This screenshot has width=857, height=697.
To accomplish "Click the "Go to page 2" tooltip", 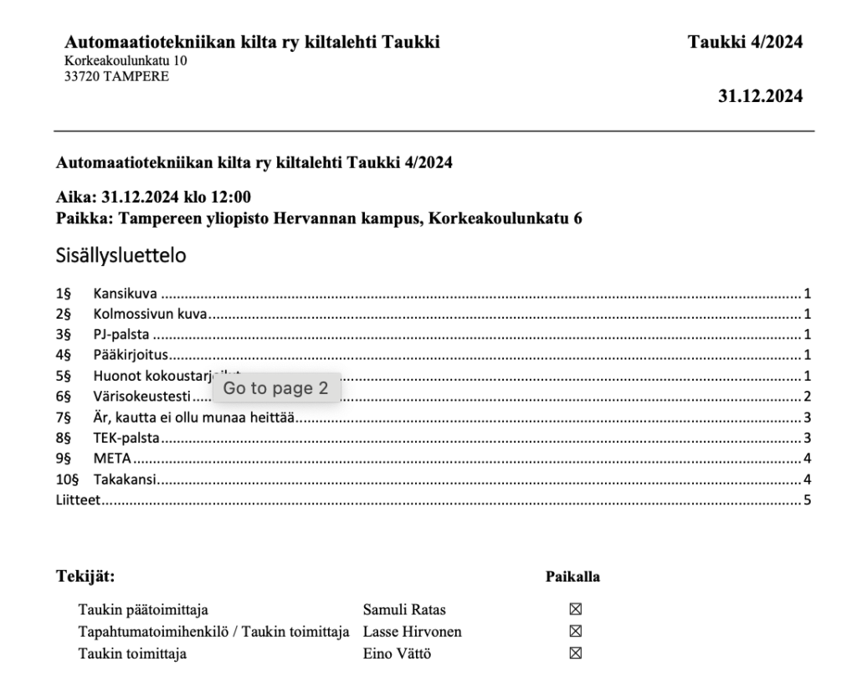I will point(276,388).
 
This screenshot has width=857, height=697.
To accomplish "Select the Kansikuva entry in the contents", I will point(126,295).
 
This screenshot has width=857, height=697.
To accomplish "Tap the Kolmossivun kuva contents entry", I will point(150,315).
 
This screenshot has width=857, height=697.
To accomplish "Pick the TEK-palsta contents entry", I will point(126,438).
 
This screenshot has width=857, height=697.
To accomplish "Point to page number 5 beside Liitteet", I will point(808,500).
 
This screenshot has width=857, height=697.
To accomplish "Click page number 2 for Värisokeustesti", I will point(808,397).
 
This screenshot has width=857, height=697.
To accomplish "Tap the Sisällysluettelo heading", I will point(121,256).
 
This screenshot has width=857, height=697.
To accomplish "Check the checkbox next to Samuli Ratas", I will point(575,610).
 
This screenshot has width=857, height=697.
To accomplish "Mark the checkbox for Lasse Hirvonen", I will point(575,632).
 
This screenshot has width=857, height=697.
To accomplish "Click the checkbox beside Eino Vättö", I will point(575,653).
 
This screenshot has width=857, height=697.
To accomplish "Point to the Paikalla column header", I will point(572,577).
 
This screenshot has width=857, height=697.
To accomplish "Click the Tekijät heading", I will point(85,577).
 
